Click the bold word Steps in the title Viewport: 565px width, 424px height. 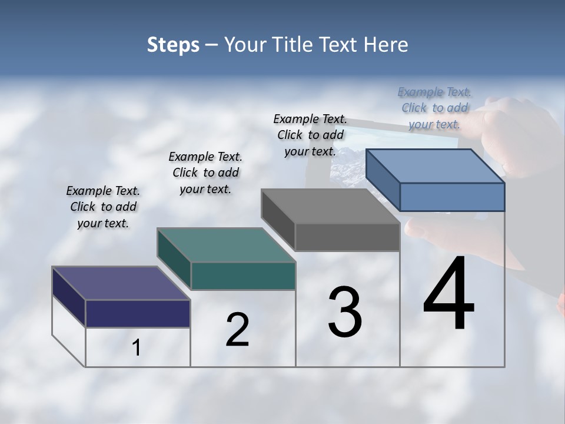[x=173, y=45]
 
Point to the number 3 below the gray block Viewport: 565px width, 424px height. [x=345, y=312]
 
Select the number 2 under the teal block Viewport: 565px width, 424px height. [x=237, y=330]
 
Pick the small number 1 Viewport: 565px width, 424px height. [x=137, y=348]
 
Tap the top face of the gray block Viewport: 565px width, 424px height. [x=330, y=206]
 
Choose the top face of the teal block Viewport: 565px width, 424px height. [x=226, y=244]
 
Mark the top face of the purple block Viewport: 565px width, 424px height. [x=121, y=283]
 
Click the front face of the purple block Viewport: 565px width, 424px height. [x=138, y=313]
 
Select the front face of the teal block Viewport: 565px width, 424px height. [x=243, y=276]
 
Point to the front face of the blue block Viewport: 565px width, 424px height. [x=452, y=197]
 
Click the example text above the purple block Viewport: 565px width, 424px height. [x=103, y=207]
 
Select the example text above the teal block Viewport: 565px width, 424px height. [x=205, y=173]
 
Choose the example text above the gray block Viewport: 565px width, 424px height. [x=310, y=135]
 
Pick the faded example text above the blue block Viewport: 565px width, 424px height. [x=434, y=108]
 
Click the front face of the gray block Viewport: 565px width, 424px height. [x=347, y=237]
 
